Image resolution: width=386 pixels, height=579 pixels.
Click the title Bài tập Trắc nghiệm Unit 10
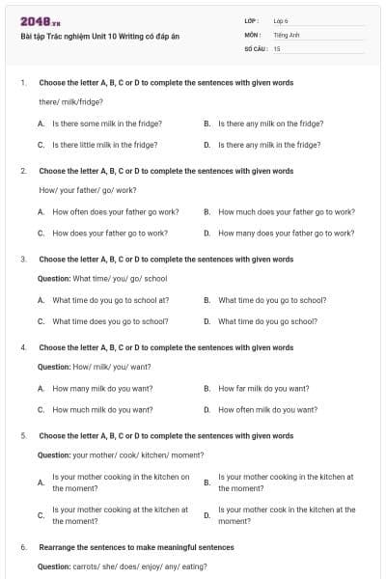pyautogui.click(x=99, y=37)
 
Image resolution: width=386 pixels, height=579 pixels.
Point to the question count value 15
pyautogui.click(x=277, y=47)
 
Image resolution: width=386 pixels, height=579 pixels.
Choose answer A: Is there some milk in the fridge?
pyautogui.click(x=106, y=124)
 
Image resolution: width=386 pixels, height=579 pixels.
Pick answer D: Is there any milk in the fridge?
pyautogui.click(x=269, y=145)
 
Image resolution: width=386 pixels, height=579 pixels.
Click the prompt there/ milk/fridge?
pyautogui.click(x=70, y=102)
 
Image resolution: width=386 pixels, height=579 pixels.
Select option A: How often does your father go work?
pyautogui.click(x=116, y=211)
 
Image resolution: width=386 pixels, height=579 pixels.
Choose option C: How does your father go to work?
pyautogui.click(x=109, y=233)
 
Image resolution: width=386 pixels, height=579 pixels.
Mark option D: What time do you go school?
pyautogui.click(x=267, y=321)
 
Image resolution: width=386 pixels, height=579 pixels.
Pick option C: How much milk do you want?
pyautogui.click(x=102, y=410)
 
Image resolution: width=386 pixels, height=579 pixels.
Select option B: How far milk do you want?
pyautogui.click(x=263, y=389)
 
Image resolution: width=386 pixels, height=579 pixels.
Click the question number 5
pyautogui.click(x=23, y=436)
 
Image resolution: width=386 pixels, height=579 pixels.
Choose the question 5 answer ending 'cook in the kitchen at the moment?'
pyautogui.click(x=287, y=515)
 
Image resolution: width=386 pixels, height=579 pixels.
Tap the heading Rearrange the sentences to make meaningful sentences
pyautogui.click(x=136, y=547)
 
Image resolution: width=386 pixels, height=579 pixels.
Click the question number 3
pyautogui.click(x=23, y=260)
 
